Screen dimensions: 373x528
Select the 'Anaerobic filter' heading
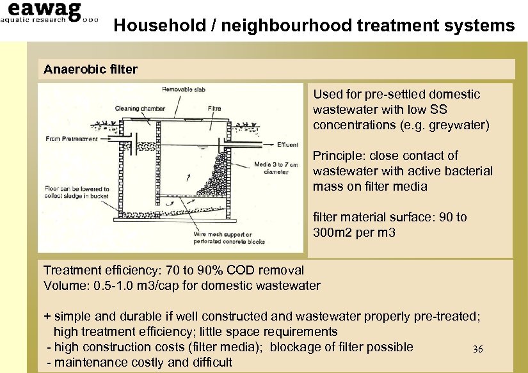(x=90, y=68)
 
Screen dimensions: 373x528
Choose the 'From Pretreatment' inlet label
(x=71, y=138)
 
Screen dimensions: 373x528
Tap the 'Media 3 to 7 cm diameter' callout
(x=275, y=168)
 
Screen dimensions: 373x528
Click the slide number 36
(x=477, y=349)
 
